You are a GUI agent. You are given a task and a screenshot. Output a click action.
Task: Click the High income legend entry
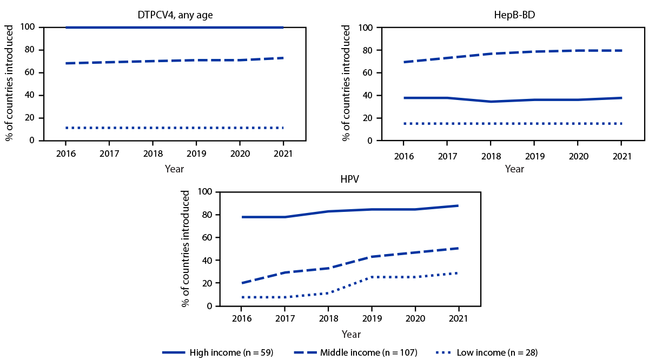click(x=217, y=352)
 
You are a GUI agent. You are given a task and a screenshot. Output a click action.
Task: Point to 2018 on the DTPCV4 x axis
click(x=153, y=154)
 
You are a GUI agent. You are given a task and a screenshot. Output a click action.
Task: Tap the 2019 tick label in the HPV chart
click(x=372, y=319)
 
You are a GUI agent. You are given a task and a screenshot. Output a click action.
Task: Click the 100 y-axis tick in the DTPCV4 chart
click(x=28, y=27)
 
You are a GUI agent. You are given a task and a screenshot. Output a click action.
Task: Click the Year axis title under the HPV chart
click(x=350, y=335)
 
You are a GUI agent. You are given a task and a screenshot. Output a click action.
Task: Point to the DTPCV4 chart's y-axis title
click(x=10, y=84)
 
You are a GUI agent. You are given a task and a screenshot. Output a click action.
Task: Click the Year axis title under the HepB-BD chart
click(x=514, y=169)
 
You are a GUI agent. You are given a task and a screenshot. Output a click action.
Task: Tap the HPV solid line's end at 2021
click(x=458, y=206)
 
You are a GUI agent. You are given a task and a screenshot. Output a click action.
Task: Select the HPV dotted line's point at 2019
click(x=372, y=277)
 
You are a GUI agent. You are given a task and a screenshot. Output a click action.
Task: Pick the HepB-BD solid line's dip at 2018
click(x=491, y=102)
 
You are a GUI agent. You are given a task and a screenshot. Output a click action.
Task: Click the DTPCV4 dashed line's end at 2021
click(x=283, y=58)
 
